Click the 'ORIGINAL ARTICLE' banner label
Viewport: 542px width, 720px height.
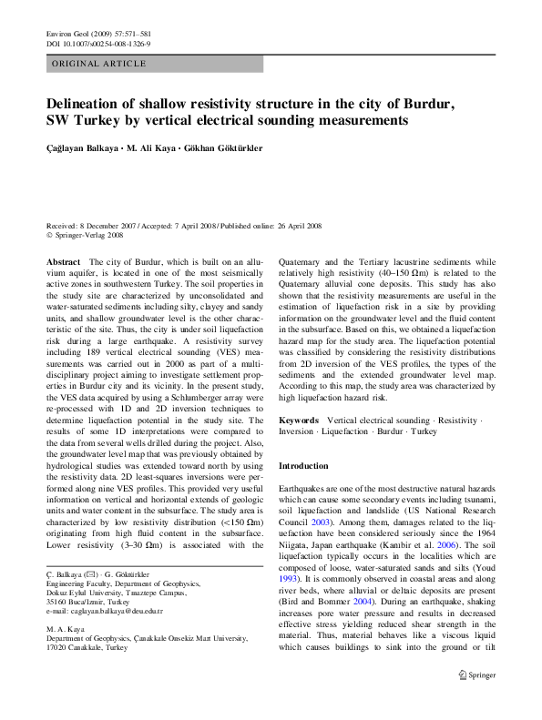[x=99, y=64]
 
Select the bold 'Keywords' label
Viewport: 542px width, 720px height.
[x=299, y=420]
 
